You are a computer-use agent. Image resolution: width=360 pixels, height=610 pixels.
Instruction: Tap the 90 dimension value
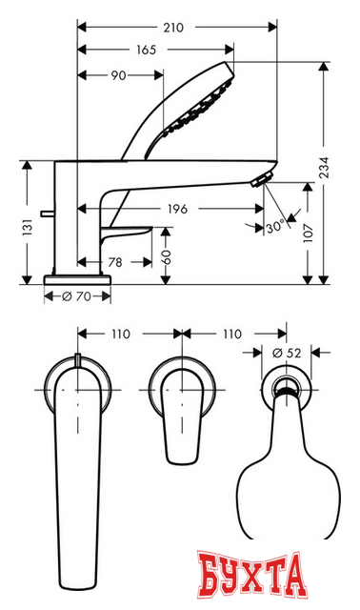(118, 73)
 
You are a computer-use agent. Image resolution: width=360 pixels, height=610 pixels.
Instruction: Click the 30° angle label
(276, 229)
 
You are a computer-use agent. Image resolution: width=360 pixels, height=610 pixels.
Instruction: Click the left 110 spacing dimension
(121, 335)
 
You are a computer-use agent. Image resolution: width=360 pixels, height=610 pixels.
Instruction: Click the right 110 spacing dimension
(229, 335)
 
